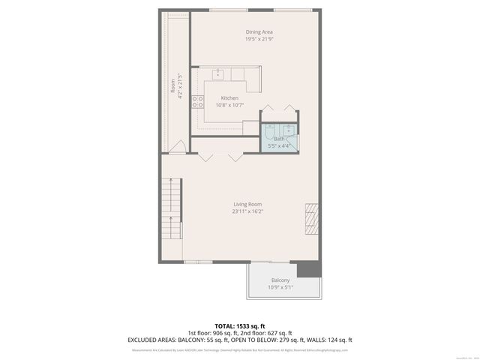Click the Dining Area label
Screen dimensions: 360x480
coord(259,31)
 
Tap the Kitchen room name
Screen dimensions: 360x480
coord(229,98)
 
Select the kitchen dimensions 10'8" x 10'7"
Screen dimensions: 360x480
coord(229,105)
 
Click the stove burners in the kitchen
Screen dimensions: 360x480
coord(199,103)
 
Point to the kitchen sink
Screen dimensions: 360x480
coord(220,73)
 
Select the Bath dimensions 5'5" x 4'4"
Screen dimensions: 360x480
coord(279,145)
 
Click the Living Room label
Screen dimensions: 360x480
coord(247,204)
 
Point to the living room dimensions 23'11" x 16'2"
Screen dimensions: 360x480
coord(247,211)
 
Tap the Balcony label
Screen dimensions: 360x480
coord(280,280)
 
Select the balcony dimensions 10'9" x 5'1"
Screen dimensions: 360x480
coord(280,286)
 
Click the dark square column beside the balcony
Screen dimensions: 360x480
coord(305,269)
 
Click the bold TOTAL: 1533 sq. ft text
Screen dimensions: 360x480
coord(241,325)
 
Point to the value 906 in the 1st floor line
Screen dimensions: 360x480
coord(221,332)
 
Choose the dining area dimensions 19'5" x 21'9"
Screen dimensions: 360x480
coord(259,39)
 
